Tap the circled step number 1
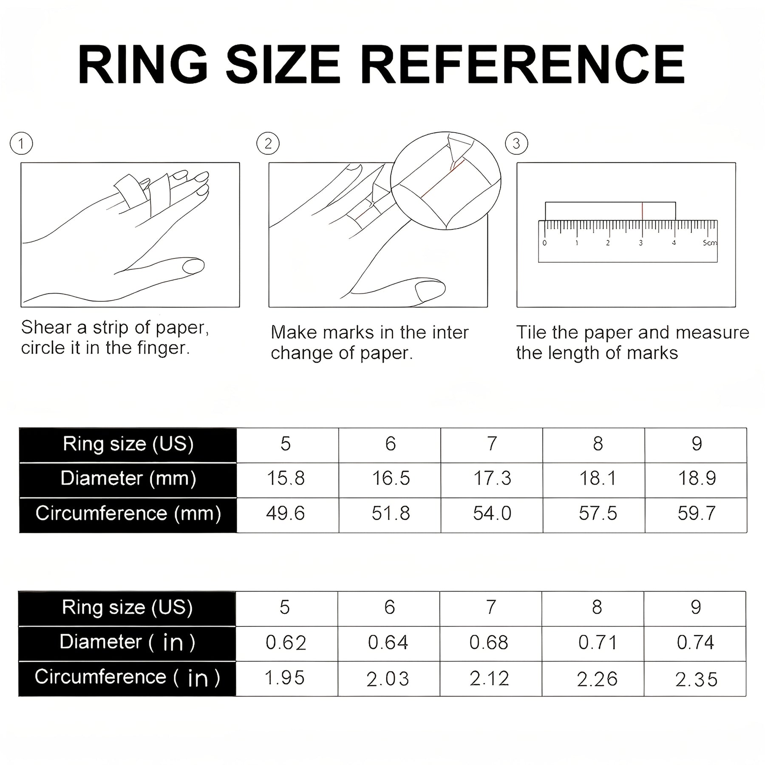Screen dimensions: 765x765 coord(21,144)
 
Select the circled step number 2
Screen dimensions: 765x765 coord(268,144)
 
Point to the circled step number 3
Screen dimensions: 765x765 coord(516,144)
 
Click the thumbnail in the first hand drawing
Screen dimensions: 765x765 coord(193,266)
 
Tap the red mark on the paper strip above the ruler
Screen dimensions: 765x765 coord(642,211)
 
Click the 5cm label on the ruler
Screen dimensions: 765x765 coord(709,243)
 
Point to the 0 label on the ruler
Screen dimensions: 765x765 coord(545,243)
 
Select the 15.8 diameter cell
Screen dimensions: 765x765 coord(286,479)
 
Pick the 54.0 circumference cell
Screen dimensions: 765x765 coord(492,514)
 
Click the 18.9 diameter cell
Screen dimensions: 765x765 coord(696,479)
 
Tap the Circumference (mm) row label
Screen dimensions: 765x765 coord(128,514)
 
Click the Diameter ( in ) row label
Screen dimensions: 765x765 coord(127,642)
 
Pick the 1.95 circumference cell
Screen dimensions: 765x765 coord(285,678)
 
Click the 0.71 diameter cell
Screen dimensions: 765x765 coord(597,643)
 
